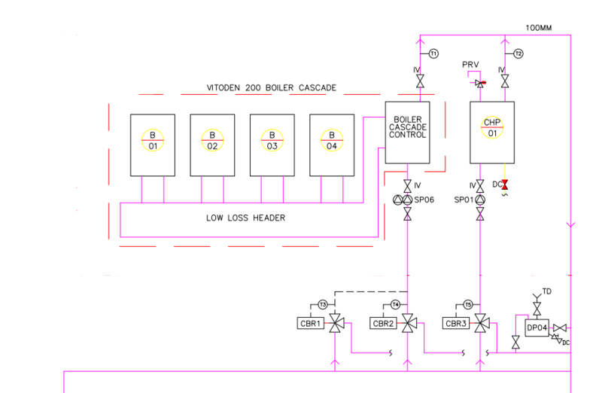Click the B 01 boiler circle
(x=153, y=140)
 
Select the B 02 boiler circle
(x=212, y=140)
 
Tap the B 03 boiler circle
(x=272, y=140)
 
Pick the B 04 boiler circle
(x=332, y=140)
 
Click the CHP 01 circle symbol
(x=492, y=128)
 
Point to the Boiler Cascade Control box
(x=407, y=132)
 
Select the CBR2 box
(x=383, y=323)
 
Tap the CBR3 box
(x=456, y=323)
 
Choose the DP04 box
(x=537, y=327)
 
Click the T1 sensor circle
(x=434, y=53)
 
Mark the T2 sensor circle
(x=518, y=53)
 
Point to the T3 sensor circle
(x=322, y=305)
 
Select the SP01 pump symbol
(x=480, y=200)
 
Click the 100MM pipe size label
(x=539, y=28)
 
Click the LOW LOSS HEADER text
(x=245, y=218)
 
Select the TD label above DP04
(x=547, y=291)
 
